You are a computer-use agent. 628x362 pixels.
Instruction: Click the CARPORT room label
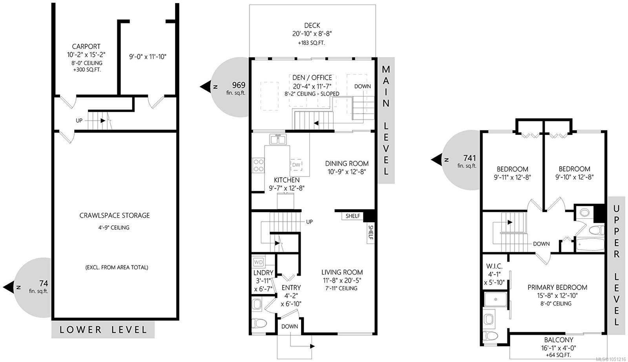point(86,46)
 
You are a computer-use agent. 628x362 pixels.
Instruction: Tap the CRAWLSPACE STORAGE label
point(115,215)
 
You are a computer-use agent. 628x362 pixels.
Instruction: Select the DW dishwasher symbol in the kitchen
point(296,165)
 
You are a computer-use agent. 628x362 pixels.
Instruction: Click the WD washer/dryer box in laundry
point(258,262)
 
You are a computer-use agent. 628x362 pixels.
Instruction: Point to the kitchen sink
point(278,139)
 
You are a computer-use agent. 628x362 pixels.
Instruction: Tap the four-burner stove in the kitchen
point(258,165)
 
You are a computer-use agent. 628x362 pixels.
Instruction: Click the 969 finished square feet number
point(239,85)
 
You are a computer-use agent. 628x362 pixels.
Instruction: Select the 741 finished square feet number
point(469,158)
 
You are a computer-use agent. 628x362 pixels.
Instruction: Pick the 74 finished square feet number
point(44,283)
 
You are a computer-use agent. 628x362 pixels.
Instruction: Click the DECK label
point(312,25)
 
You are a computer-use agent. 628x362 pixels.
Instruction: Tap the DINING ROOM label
point(347,164)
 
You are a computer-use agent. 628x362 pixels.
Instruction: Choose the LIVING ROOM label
point(342,272)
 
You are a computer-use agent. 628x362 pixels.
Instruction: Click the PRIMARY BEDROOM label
point(557,287)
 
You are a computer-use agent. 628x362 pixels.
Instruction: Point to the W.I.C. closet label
point(494,266)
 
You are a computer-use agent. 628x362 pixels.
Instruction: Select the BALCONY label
point(559,340)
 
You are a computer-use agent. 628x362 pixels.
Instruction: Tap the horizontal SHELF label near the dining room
point(353,216)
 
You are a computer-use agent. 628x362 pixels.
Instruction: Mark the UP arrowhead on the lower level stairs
point(103,120)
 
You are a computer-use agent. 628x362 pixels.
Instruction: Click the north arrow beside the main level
point(206,86)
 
